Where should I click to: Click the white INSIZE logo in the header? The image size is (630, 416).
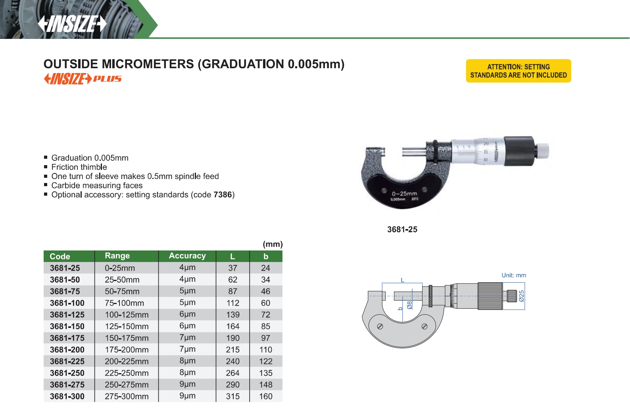click(x=72, y=24)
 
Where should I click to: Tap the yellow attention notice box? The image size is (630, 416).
click(x=519, y=71)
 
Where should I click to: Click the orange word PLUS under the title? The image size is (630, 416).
click(x=108, y=79)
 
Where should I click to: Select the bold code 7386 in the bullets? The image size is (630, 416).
click(x=223, y=195)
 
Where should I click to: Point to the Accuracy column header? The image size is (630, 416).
click(x=187, y=256)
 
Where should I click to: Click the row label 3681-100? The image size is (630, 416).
click(x=67, y=303)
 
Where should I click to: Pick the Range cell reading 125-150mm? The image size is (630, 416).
click(x=127, y=326)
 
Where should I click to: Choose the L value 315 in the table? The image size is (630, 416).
click(x=232, y=396)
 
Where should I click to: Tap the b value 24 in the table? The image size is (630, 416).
click(x=265, y=268)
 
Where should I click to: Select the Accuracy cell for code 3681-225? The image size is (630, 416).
click(x=187, y=361)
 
